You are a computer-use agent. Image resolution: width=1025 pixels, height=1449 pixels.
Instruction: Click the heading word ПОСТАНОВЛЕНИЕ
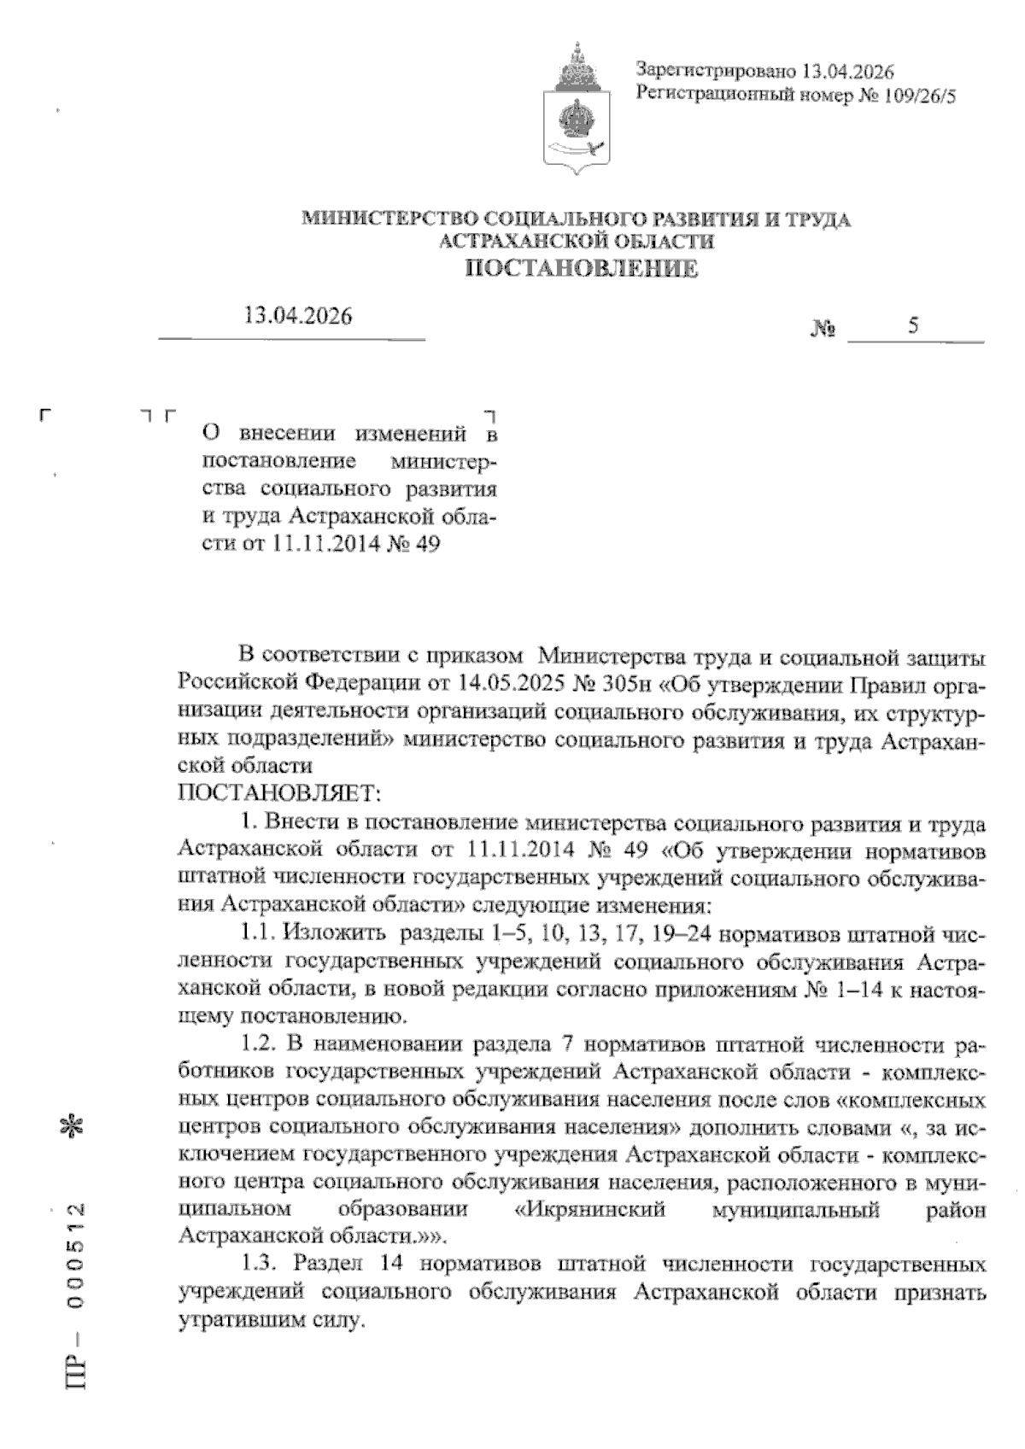pyautogui.click(x=581, y=271)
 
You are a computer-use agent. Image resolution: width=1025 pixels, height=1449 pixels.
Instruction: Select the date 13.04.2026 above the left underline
pyautogui.click(x=297, y=316)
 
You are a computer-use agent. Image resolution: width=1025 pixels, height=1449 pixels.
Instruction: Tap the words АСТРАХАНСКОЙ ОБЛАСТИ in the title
pyautogui.click(x=577, y=242)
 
